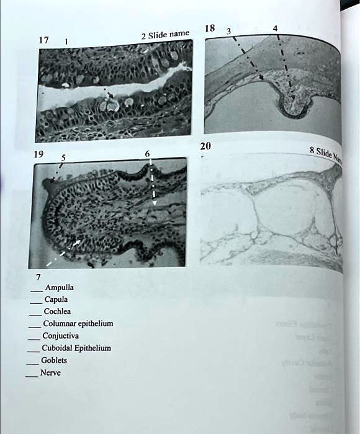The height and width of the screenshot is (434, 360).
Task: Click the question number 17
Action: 43,40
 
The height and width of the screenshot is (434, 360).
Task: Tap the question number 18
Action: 210,29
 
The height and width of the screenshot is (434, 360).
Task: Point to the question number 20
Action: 206,146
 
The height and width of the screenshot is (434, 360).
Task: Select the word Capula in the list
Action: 56,299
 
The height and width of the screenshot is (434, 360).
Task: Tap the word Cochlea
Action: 57,311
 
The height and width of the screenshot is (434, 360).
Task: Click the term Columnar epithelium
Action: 78,324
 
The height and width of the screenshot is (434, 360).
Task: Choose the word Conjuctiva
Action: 60,336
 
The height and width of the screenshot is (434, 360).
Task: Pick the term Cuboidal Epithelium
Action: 76,348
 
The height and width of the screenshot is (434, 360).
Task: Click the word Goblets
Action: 54,360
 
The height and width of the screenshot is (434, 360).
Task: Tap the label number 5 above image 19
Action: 62,157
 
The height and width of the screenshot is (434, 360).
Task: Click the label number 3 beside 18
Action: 228,32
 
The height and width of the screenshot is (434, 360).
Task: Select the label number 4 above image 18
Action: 275,27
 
